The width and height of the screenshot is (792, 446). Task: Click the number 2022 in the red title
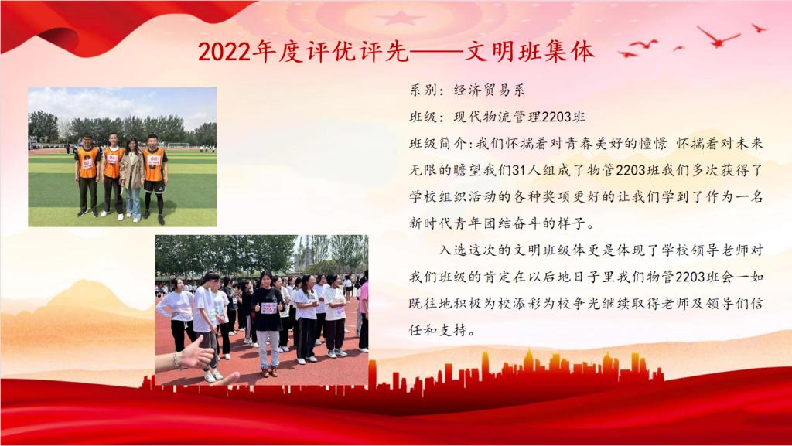pos(224,52)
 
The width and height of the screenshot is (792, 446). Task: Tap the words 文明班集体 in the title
pos(529,52)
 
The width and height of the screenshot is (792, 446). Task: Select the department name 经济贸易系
pos(489,90)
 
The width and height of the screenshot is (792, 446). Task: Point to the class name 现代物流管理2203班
pos(519,117)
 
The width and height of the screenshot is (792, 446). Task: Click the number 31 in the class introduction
pos(519,171)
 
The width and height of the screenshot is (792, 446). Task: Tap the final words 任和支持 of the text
pos(438,331)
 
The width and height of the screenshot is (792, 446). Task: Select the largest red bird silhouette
pos(719,37)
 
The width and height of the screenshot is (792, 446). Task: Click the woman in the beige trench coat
pos(131,179)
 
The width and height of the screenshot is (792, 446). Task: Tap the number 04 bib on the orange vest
pos(112,158)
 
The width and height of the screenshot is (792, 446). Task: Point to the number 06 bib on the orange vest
pos(154,161)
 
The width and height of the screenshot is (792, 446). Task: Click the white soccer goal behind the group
pos(179,146)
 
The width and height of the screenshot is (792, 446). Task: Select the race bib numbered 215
pos(268,308)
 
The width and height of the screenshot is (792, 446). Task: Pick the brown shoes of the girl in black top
pos(270,372)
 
